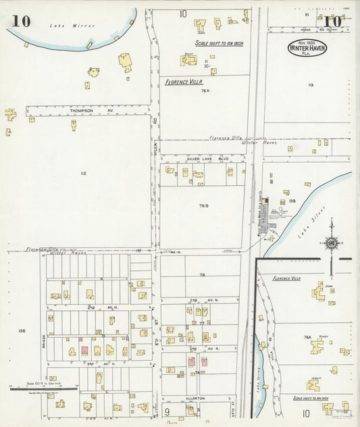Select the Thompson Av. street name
click(80, 110)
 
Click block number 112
click(82, 174)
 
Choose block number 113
click(310, 84)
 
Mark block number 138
click(22, 330)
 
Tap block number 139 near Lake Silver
click(292, 201)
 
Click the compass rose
click(332, 242)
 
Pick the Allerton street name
click(195, 399)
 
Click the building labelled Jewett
click(313, 384)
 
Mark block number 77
click(201, 324)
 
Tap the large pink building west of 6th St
click(85, 350)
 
